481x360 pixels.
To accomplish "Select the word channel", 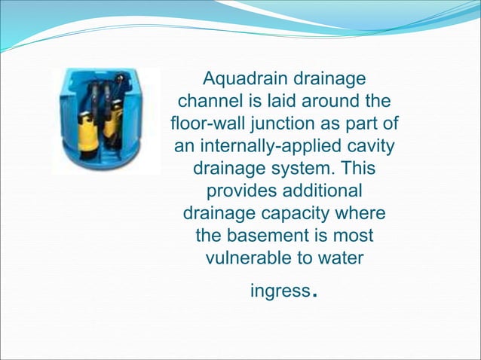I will tap(209, 101).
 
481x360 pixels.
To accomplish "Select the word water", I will tap(339, 258).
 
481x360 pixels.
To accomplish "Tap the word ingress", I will tap(279, 291).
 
